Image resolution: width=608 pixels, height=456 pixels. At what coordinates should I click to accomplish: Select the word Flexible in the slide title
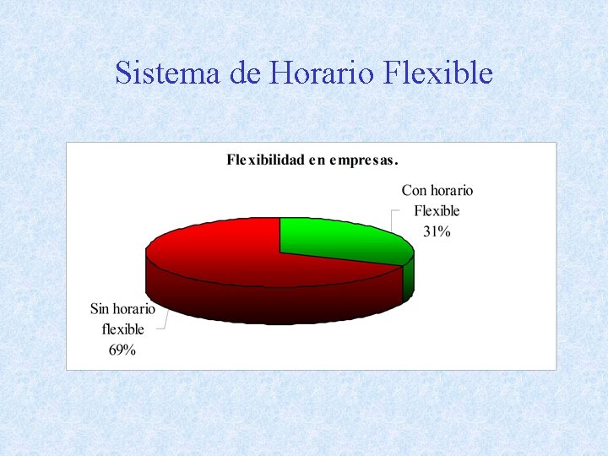pyautogui.click(x=437, y=73)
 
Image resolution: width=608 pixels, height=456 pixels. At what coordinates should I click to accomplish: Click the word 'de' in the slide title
pyautogui.click(x=244, y=73)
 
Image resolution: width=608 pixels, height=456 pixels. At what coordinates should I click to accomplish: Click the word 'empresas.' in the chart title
pyautogui.click(x=365, y=159)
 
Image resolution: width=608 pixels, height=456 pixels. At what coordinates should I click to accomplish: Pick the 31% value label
pyautogui.click(x=437, y=231)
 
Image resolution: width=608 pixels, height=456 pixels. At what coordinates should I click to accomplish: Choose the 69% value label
pyautogui.click(x=122, y=350)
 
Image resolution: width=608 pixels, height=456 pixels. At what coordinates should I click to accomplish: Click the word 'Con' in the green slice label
pyautogui.click(x=415, y=192)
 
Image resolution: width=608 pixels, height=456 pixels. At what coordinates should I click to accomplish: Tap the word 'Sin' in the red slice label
pyautogui.click(x=100, y=310)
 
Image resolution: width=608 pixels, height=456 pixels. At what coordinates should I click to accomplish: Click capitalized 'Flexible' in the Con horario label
pyautogui.click(x=437, y=211)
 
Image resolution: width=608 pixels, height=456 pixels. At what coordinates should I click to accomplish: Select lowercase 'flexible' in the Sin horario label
pyautogui.click(x=122, y=329)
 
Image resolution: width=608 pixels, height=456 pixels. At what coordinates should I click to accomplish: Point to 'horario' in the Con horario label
pyautogui.click(x=452, y=192)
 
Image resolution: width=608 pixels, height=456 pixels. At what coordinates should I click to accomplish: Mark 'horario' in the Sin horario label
pyautogui.click(x=135, y=310)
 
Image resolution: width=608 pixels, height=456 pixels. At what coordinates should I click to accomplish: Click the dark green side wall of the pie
pyautogui.click(x=409, y=279)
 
